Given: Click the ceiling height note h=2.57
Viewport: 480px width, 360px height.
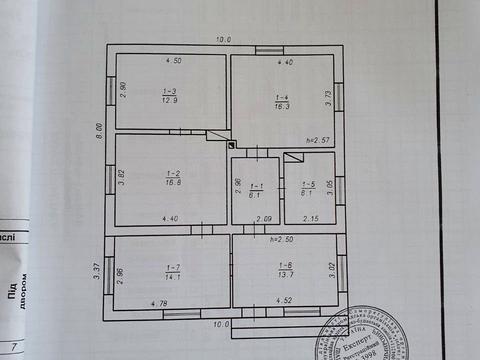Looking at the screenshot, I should pyautogui.click(x=317, y=140).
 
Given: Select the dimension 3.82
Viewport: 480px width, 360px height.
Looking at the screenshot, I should pyautogui.click(x=122, y=181).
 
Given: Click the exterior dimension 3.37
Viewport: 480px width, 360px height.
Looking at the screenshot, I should pyautogui.click(x=97, y=270).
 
